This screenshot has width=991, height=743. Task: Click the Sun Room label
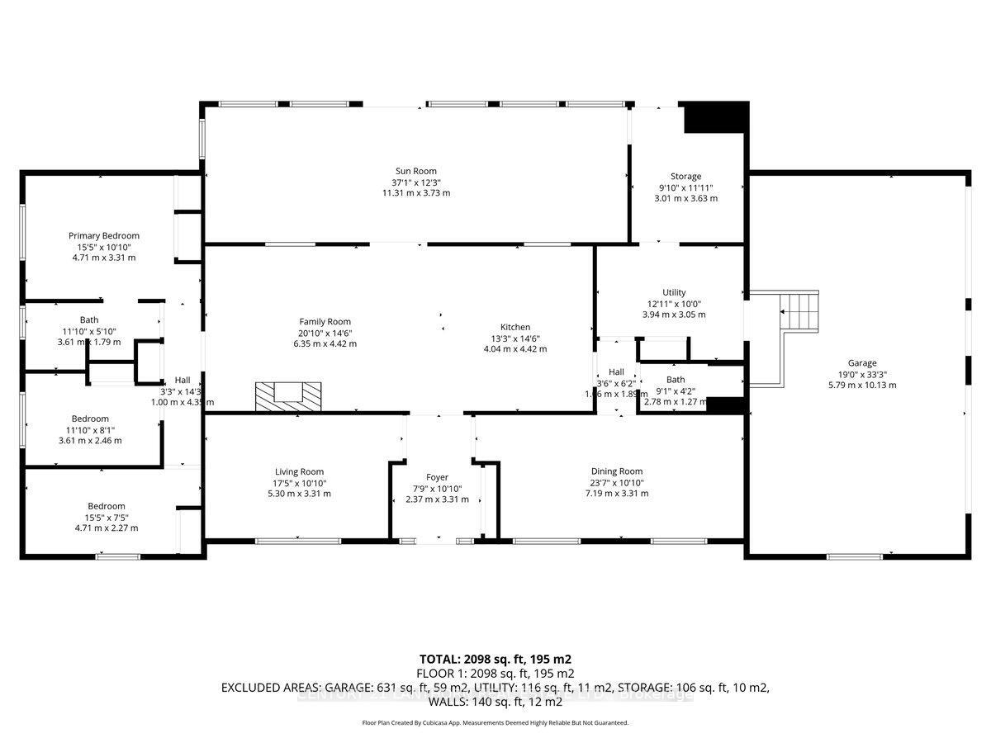click(x=415, y=172)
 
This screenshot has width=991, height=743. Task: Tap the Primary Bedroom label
click(x=104, y=235)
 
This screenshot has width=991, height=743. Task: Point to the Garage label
click(x=861, y=362)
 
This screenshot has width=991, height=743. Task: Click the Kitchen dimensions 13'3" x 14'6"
click(x=514, y=338)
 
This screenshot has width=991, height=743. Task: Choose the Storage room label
click(x=685, y=176)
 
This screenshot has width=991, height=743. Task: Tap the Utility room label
click(x=674, y=292)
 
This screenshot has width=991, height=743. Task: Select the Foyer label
click(x=437, y=477)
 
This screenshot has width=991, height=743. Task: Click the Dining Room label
click(x=616, y=471)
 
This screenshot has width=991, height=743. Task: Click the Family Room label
click(x=325, y=322)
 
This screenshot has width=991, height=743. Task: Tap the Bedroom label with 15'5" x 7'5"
click(x=107, y=506)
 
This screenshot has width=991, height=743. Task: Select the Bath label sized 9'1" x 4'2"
click(x=676, y=380)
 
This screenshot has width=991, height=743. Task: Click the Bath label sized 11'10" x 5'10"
click(x=89, y=319)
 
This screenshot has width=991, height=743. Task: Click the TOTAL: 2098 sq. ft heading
click(x=495, y=660)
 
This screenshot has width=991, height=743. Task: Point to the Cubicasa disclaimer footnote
click(x=495, y=722)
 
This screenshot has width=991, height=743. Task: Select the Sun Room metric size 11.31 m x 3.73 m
click(x=415, y=192)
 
